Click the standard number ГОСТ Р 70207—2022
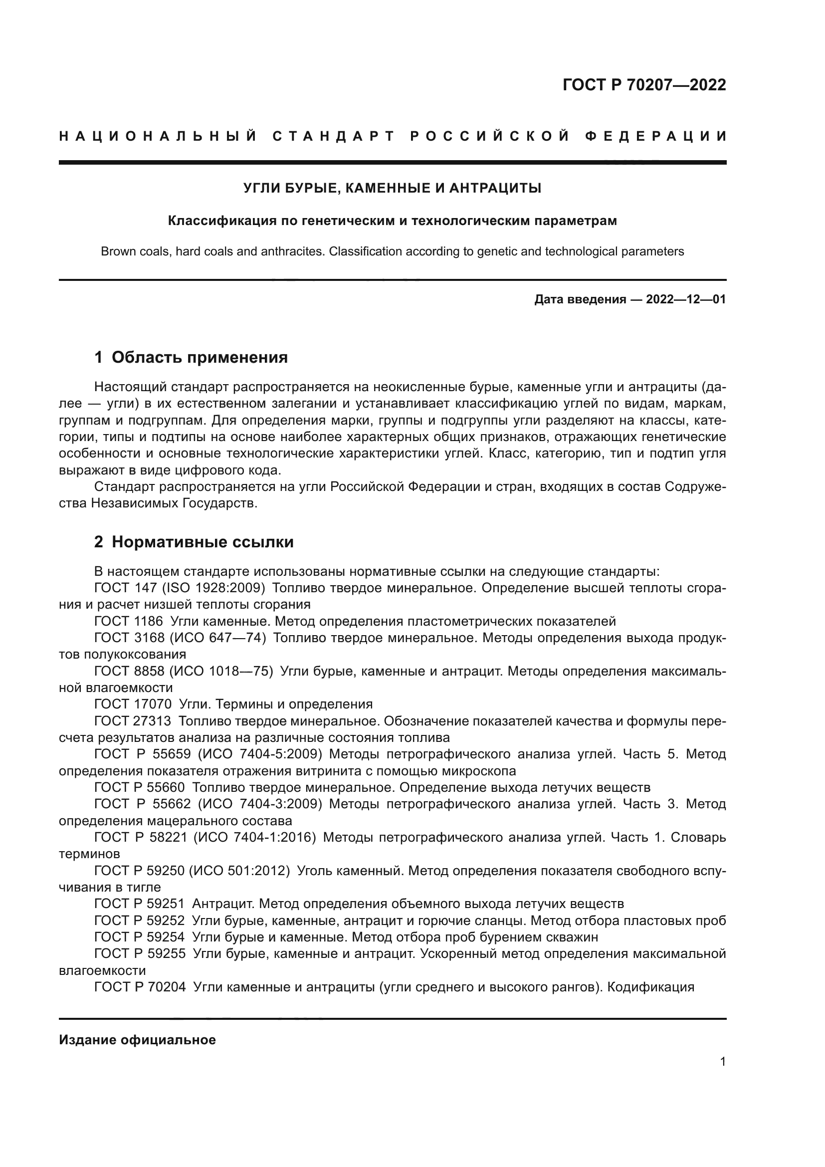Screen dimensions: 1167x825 pyautogui.click(x=644, y=85)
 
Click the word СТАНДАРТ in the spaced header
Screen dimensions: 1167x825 pyautogui.click(x=334, y=136)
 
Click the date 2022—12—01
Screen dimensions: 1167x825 pyautogui.click(x=686, y=299)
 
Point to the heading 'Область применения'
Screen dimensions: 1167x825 pyautogui.click(x=200, y=357)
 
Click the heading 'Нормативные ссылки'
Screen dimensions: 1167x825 pyautogui.click(x=203, y=542)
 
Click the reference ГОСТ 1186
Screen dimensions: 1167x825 pyautogui.click(x=129, y=621)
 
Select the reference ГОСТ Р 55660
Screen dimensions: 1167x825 pyautogui.click(x=140, y=787)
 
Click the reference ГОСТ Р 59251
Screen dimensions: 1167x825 pyautogui.click(x=140, y=904)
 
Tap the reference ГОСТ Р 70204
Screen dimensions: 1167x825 pyautogui.click(x=140, y=986)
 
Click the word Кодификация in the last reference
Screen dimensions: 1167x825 pyautogui.click(x=650, y=986)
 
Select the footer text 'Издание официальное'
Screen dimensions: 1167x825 pyautogui.click(x=137, y=1040)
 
